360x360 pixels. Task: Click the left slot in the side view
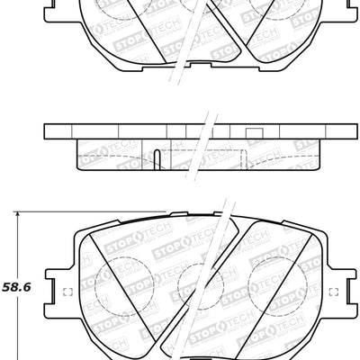[x=157, y=159]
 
